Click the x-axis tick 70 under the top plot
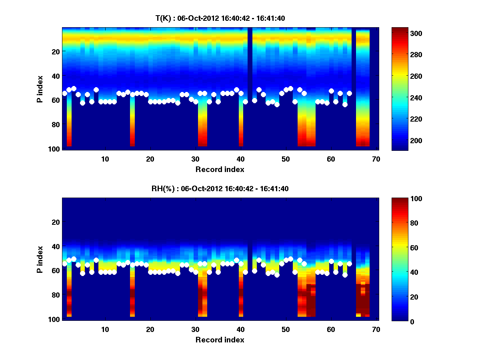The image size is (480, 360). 376,159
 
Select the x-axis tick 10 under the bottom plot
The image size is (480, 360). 105,329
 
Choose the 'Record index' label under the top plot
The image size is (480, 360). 220,169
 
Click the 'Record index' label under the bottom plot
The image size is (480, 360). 220,340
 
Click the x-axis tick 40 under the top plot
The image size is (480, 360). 240,159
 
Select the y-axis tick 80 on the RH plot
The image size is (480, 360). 55,295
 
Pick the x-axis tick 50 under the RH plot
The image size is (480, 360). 286,329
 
